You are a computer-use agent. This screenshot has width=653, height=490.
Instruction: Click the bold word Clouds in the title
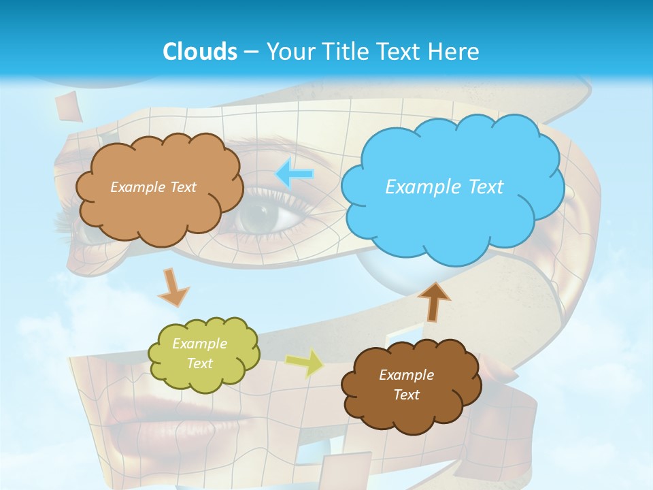tap(200, 51)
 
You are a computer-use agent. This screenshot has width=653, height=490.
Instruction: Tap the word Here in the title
tap(455, 51)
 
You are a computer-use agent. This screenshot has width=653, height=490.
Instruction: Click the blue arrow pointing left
tap(295, 174)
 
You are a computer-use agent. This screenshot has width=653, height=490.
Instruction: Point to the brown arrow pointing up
tap(433, 301)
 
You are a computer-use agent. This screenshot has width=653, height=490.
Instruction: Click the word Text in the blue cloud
tap(480, 187)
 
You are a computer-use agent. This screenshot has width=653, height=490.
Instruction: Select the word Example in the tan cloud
tap(136, 187)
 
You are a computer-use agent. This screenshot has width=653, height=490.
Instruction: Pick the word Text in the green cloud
tap(200, 363)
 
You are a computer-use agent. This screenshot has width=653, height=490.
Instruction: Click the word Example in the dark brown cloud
tap(406, 375)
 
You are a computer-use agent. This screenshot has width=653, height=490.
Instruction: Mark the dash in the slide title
tap(250, 52)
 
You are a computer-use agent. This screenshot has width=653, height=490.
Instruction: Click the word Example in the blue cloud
tap(423, 187)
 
